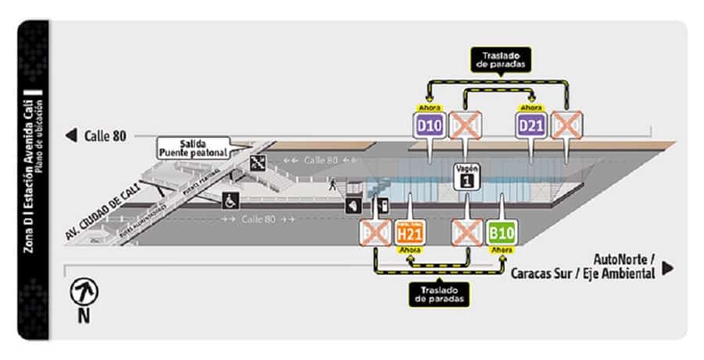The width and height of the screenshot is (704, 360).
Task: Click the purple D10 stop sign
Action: point(429,124)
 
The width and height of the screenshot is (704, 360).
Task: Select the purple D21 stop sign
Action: point(531,124)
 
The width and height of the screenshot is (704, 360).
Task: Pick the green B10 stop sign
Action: point(502,232)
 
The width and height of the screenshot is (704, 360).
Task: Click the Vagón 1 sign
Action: point(467,176)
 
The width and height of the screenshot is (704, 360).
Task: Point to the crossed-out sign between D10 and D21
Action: point(466,124)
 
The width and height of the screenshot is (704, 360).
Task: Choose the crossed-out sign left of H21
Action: point(375,232)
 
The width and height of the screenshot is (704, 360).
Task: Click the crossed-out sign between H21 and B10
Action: point(468,232)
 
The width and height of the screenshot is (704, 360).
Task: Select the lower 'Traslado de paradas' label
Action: point(440,294)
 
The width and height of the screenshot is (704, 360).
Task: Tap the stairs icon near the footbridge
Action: point(257,163)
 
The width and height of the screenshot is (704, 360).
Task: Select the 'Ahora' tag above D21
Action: point(531,107)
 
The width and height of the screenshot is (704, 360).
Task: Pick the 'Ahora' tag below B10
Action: point(502,250)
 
